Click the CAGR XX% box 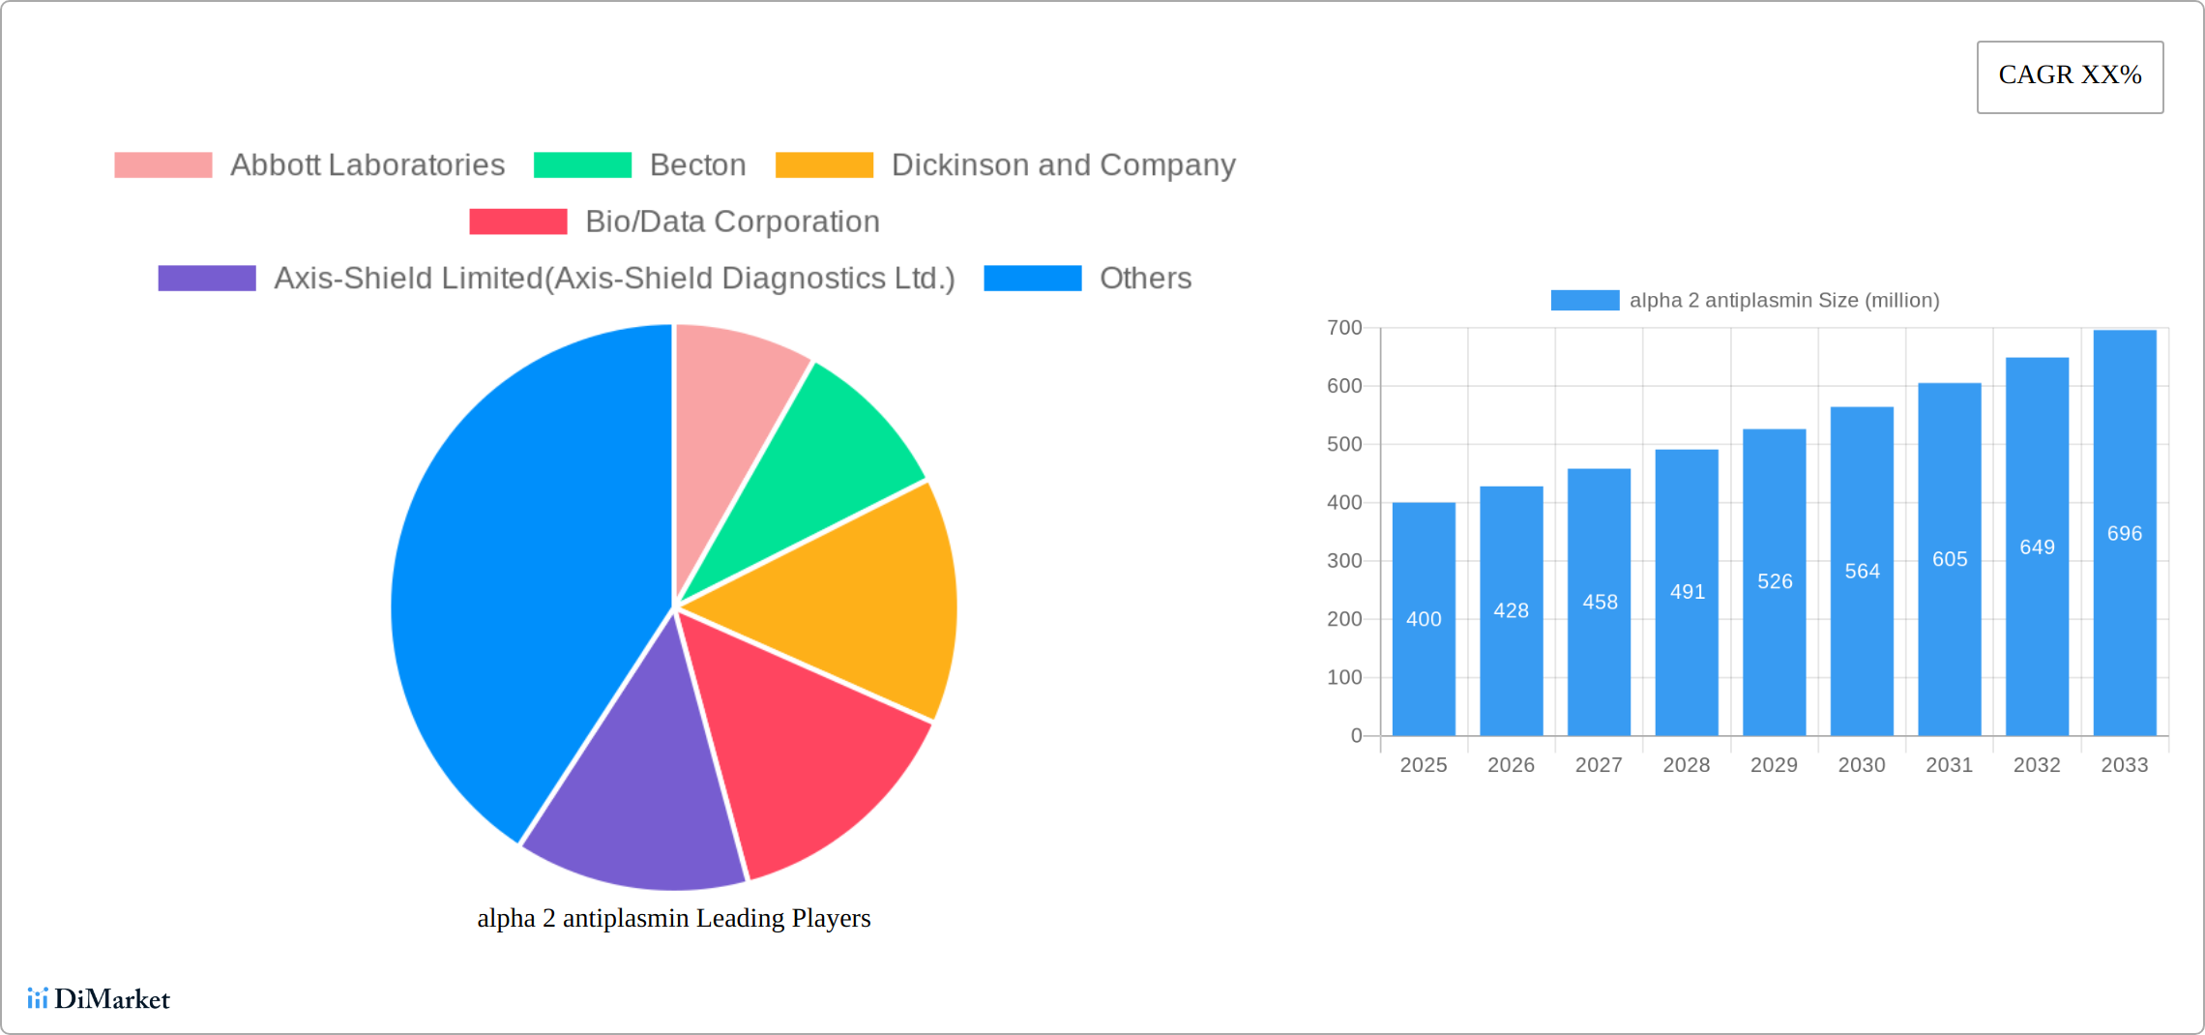pyautogui.click(x=2070, y=76)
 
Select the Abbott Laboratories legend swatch pyautogui.click(x=162, y=165)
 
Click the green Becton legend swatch pyautogui.click(x=582, y=165)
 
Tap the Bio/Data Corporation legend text pyautogui.click(x=732, y=222)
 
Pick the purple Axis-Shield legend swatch pyautogui.click(x=207, y=279)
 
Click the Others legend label pyautogui.click(x=1145, y=279)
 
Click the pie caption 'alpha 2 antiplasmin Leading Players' pyautogui.click(x=674, y=918)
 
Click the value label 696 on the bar pyautogui.click(x=2125, y=534)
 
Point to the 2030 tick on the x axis pyautogui.click(x=1862, y=765)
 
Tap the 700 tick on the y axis pyautogui.click(x=1344, y=328)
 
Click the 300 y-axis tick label pyautogui.click(x=1344, y=561)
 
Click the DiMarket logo pyautogui.click(x=99, y=999)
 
